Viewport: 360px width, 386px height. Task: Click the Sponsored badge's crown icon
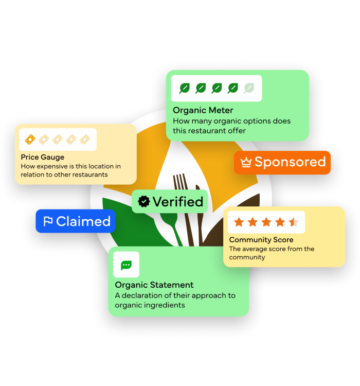click(246, 163)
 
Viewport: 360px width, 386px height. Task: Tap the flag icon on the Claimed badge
click(48, 221)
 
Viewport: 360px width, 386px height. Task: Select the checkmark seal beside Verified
click(144, 202)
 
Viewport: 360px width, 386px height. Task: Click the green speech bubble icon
click(126, 265)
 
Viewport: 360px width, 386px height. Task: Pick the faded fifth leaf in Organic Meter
click(249, 88)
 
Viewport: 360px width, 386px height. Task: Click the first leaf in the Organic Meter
click(184, 88)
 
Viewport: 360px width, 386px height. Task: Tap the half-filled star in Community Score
click(293, 222)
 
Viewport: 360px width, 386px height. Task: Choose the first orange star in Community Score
click(239, 222)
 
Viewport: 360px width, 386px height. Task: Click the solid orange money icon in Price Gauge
click(30, 139)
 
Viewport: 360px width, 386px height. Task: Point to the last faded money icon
click(84, 139)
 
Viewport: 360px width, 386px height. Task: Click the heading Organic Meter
click(203, 110)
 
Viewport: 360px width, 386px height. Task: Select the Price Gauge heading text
click(43, 157)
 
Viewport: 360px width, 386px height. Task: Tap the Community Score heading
click(261, 240)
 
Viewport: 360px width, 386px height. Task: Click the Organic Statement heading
click(154, 285)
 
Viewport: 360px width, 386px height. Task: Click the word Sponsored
click(290, 162)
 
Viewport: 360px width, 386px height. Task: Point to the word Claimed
click(83, 221)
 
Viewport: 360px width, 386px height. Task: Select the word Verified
click(177, 202)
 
